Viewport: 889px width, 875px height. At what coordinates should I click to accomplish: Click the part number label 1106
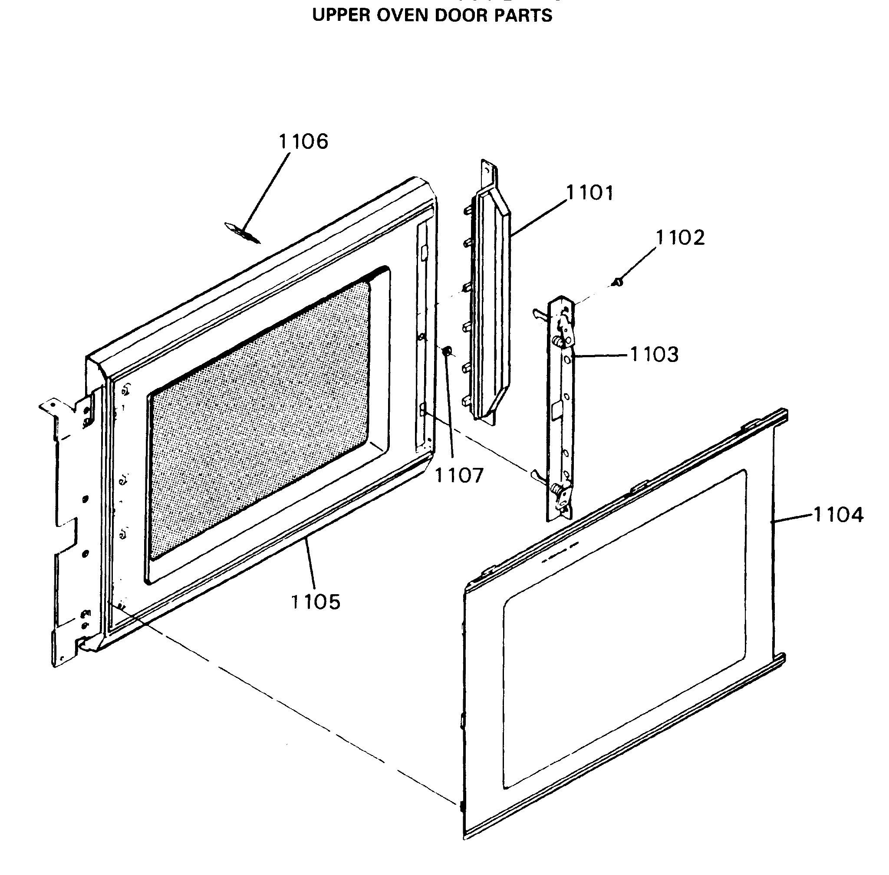(303, 141)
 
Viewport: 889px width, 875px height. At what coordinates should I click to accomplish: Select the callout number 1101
(590, 193)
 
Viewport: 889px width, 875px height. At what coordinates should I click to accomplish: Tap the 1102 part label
(680, 237)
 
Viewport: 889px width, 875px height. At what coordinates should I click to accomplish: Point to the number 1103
(654, 355)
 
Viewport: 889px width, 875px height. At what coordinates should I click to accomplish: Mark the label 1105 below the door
(316, 601)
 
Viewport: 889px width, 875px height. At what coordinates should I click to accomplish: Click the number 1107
(459, 475)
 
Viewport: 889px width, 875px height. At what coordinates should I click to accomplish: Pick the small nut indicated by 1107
(446, 352)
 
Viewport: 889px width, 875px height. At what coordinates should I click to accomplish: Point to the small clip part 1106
(241, 233)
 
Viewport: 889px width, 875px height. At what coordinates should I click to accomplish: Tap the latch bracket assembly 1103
(561, 409)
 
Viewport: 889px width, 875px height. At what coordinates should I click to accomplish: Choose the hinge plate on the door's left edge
(69, 529)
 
